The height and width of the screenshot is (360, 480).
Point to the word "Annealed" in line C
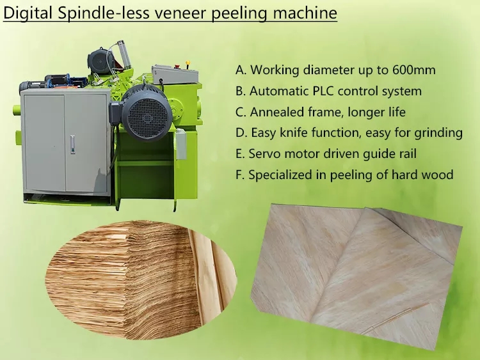[x=277, y=112]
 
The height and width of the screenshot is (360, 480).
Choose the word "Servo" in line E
[x=264, y=153]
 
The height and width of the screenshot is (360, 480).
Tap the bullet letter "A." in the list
[x=241, y=70]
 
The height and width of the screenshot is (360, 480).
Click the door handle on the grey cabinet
[x=72, y=144]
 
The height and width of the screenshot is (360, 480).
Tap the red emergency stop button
[x=177, y=65]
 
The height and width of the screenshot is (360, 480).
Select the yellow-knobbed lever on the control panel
[x=188, y=65]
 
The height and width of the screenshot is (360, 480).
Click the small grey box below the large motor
[x=181, y=144]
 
